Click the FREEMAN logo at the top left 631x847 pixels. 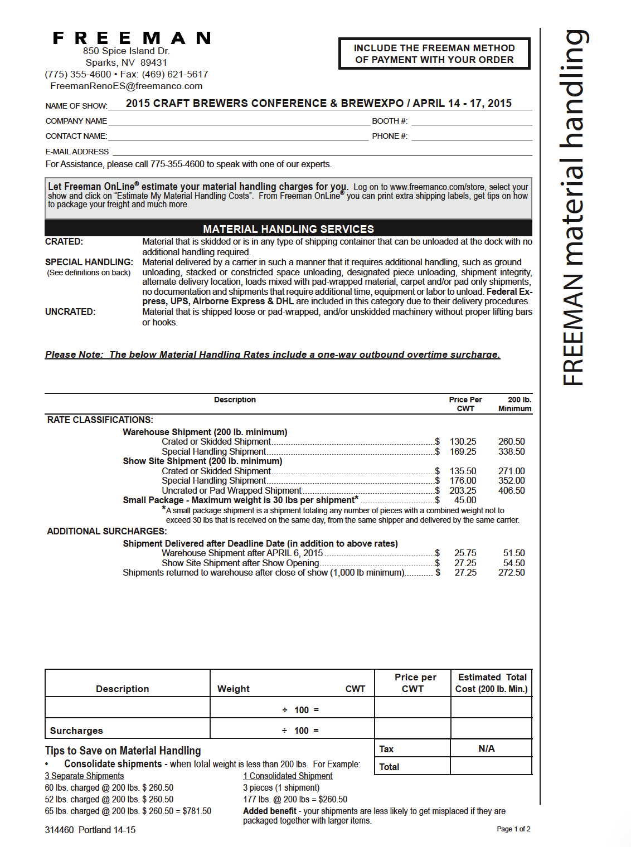[x=132, y=38]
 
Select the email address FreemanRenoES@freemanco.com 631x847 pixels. [x=126, y=86]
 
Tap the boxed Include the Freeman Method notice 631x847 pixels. [x=434, y=53]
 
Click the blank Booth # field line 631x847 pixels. [x=472, y=121]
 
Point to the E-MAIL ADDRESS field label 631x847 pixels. [x=77, y=152]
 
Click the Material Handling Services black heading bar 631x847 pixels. [x=288, y=228]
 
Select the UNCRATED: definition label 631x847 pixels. [x=70, y=311]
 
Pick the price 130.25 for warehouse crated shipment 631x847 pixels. [x=463, y=441]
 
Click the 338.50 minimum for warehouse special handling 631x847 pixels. [x=511, y=451]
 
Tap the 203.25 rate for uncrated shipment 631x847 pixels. [x=463, y=490]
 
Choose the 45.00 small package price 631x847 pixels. [x=465, y=500]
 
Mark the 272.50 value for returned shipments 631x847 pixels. [x=511, y=572]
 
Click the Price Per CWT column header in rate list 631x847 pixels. [x=465, y=404]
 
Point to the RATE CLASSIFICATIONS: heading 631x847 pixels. [x=100, y=420]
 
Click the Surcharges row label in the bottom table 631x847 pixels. [x=76, y=731]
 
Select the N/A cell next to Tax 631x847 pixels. [x=487, y=748]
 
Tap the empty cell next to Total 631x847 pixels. [x=491, y=766]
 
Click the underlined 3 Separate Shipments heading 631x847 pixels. [x=84, y=776]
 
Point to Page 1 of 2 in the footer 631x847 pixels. [x=513, y=829]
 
